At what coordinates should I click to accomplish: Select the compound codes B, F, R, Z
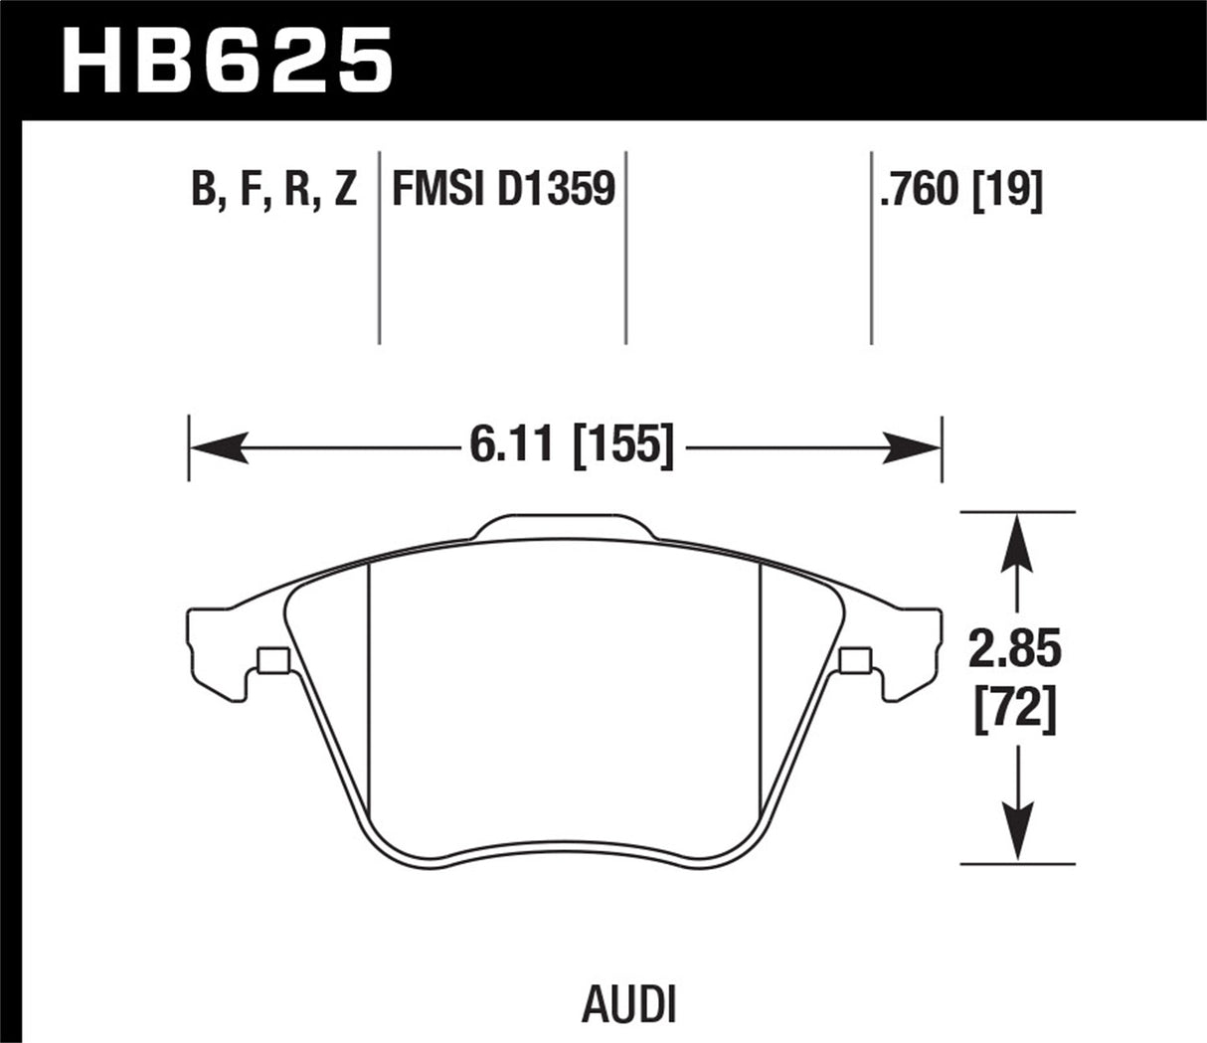273,189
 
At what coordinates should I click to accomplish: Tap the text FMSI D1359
503,189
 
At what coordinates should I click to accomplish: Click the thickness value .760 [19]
960,189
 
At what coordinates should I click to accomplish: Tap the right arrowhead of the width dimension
913,447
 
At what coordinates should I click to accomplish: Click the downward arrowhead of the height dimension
1015,835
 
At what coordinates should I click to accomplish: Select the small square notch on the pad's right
854,659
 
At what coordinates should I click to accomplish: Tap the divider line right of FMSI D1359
625,249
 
